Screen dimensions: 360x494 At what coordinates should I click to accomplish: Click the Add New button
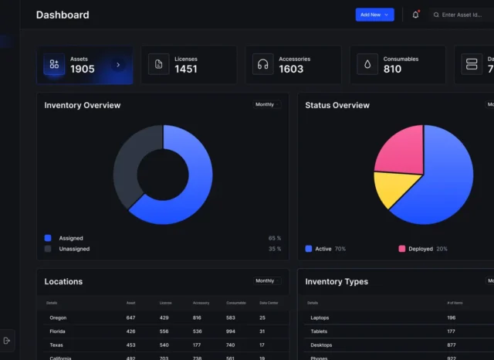[x=374, y=15]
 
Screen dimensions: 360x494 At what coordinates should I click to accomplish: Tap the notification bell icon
[x=415, y=15]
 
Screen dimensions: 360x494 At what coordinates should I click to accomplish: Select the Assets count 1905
[x=83, y=70]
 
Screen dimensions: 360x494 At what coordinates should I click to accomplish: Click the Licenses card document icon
[x=158, y=64]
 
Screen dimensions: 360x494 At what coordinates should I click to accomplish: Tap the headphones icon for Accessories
[x=262, y=64]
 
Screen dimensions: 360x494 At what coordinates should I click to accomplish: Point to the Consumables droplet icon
[x=367, y=64]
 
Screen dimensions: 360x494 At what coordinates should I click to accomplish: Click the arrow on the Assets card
[x=118, y=65]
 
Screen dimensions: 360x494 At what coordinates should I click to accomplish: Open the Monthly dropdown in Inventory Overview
[x=267, y=104]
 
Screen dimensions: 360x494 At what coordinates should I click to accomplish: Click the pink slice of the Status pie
[x=399, y=148]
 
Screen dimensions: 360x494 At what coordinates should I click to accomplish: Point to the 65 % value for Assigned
[x=274, y=238]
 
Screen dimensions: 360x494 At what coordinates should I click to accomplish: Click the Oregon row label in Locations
[x=58, y=318]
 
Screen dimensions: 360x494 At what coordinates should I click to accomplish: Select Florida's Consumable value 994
[x=231, y=331]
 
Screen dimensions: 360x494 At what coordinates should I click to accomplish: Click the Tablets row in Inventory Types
[x=318, y=331]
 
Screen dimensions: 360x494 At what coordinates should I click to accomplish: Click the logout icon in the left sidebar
[x=7, y=340]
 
